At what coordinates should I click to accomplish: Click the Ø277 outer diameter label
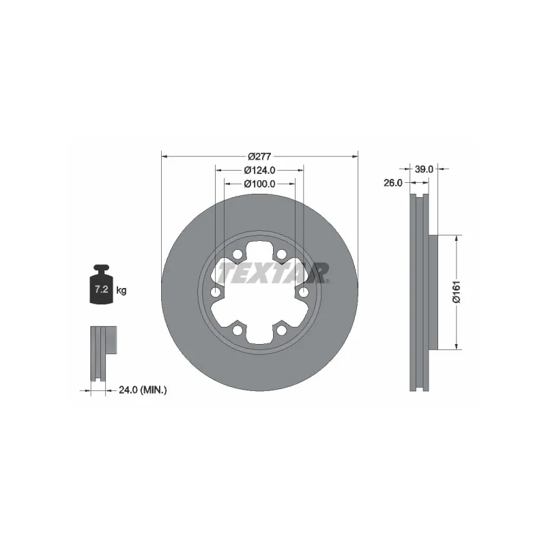(259, 157)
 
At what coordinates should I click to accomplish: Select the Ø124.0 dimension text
(259, 170)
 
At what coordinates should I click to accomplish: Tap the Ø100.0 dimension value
(259, 184)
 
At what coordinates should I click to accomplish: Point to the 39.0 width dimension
(424, 169)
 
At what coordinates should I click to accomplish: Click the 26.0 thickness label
(393, 183)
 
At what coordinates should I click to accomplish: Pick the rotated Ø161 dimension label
(457, 292)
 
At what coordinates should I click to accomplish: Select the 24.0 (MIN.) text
(143, 390)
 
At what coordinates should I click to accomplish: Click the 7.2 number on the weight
(101, 289)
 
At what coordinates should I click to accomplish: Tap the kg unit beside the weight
(121, 290)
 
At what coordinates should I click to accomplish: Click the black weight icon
(101, 285)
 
